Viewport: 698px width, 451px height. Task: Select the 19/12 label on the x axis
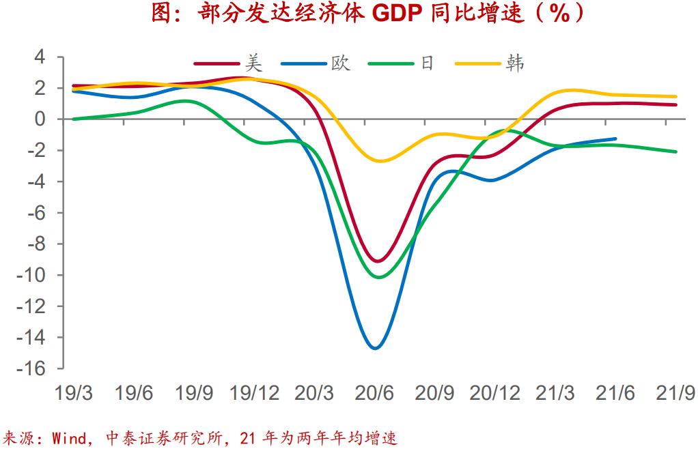255,394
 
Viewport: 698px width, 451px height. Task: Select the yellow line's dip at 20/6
379,161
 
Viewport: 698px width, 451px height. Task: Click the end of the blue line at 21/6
615,139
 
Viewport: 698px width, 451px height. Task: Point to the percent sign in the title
559,14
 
